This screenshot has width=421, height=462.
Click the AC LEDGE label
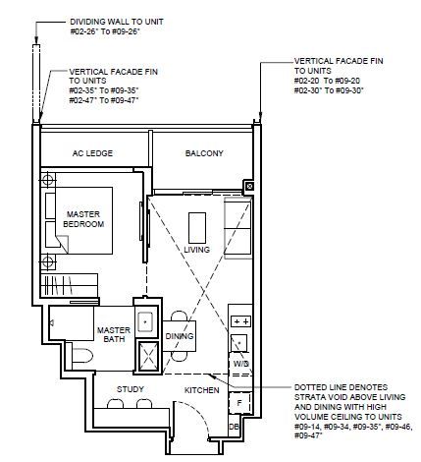click(x=92, y=153)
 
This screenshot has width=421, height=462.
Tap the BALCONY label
click(x=204, y=153)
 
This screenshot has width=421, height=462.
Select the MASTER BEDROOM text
click(x=83, y=219)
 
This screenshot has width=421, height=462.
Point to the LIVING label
click(x=196, y=250)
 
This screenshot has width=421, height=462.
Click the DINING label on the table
click(x=180, y=336)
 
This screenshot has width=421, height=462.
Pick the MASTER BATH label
click(x=114, y=334)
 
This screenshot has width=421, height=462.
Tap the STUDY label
click(x=131, y=389)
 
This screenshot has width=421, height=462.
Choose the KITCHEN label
click(x=202, y=390)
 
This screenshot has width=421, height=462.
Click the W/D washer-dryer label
click(x=241, y=364)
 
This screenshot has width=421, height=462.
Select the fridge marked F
click(x=239, y=403)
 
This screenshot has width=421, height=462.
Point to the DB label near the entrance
click(x=234, y=427)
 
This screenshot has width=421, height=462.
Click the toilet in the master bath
click(x=80, y=356)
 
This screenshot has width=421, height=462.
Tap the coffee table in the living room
click(x=197, y=228)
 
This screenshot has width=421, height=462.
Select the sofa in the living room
click(x=237, y=228)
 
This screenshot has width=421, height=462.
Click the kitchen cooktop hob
click(x=240, y=321)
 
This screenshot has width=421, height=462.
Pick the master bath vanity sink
click(x=145, y=321)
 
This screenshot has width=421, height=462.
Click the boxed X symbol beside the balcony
click(x=249, y=187)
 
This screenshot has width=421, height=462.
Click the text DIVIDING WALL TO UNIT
click(x=117, y=22)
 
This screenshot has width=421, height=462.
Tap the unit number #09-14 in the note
click(x=306, y=427)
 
